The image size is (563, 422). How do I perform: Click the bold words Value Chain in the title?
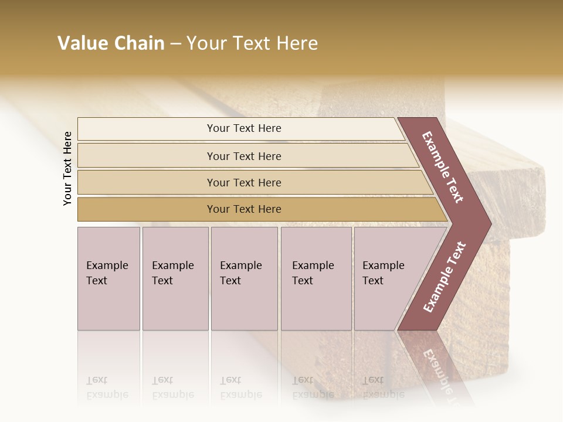pos(111,43)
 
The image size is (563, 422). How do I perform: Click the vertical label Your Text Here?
pos(67,168)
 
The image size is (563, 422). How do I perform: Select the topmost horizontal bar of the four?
pos(244,128)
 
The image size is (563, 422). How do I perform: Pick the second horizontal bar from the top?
pos(244,156)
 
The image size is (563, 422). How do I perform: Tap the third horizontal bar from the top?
pos(244,182)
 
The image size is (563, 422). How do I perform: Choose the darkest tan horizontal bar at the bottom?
pos(244,209)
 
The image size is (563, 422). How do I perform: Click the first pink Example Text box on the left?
pos(108,278)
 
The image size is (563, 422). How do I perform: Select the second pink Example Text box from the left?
pos(175,278)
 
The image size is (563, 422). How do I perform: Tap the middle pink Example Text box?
pos(244,278)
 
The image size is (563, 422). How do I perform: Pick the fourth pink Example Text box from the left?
pos(316,278)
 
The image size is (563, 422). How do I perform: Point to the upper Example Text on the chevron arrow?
pos(443,167)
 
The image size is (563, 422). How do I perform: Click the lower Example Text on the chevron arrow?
pos(444,277)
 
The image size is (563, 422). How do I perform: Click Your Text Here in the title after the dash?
pos(252,43)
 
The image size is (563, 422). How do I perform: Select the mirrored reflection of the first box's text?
pos(107,387)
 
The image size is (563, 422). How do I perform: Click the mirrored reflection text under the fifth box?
pos(383,387)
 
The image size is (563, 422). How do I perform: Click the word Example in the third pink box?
pos(240,266)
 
